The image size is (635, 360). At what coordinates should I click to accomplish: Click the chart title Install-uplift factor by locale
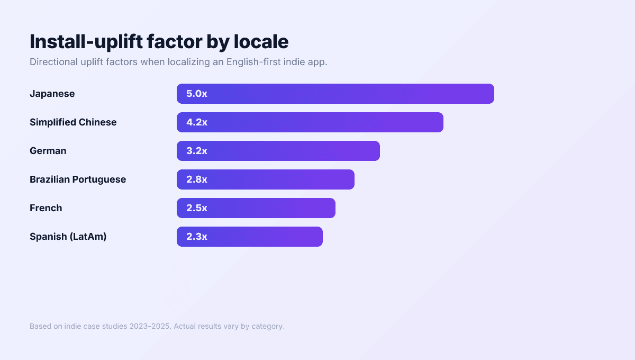click(x=159, y=41)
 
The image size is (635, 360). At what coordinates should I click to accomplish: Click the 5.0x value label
click(x=196, y=94)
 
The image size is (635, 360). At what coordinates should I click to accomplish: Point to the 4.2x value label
click(x=196, y=122)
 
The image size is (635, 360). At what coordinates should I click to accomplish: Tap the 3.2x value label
click(x=196, y=151)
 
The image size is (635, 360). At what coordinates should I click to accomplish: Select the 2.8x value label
click(x=196, y=179)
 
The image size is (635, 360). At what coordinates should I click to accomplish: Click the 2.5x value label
click(x=196, y=208)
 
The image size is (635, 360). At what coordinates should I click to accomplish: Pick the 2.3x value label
click(x=196, y=237)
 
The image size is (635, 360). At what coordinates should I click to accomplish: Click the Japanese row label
click(x=52, y=94)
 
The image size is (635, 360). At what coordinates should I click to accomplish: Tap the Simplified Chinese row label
click(x=73, y=122)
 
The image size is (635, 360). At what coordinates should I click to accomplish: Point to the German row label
click(x=48, y=151)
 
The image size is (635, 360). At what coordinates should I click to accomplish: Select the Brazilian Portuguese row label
click(x=78, y=179)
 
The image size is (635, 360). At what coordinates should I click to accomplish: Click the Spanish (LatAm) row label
click(x=68, y=237)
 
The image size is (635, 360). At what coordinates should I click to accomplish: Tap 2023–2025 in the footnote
click(x=150, y=326)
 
